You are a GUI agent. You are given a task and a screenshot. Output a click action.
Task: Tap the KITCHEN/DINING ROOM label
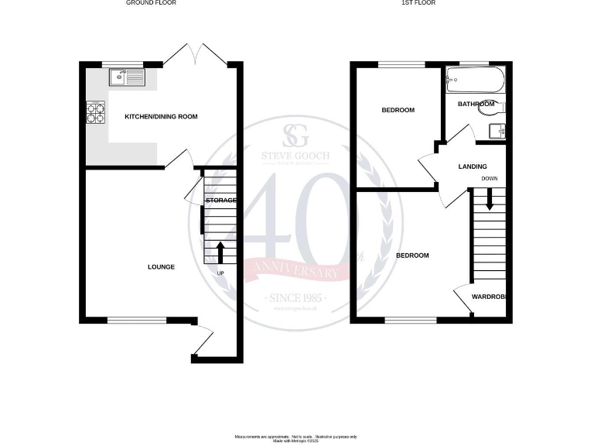162,117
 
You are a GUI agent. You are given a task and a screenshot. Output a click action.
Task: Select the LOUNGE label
161,267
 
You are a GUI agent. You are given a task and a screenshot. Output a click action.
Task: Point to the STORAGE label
220,201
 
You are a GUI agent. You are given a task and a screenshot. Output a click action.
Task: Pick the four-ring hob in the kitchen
96,114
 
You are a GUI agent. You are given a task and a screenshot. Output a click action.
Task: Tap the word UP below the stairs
220,273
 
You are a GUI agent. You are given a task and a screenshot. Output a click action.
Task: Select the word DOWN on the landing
489,179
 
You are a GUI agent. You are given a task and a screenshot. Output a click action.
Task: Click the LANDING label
473,166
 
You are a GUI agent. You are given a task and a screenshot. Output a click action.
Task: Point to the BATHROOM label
476,104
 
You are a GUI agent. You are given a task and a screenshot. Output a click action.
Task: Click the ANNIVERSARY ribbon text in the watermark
292,272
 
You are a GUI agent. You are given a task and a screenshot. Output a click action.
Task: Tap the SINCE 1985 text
296,298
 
